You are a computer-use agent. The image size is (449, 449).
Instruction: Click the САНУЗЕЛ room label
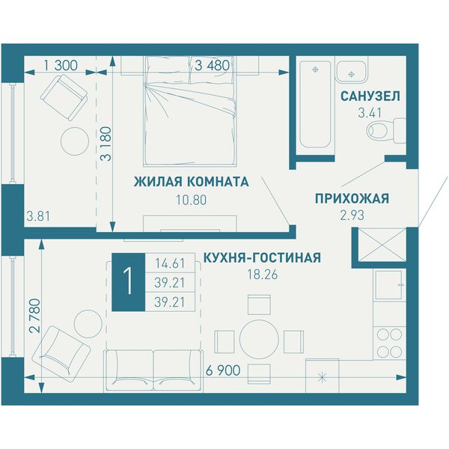[370, 97]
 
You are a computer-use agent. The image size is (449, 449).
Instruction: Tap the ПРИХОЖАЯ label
[352, 198]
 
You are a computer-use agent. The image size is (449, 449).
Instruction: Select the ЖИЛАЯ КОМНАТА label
[192, 182]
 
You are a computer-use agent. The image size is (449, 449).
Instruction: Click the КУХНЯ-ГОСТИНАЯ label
[262, 257]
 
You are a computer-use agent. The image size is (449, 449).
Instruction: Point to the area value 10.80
[191, 200]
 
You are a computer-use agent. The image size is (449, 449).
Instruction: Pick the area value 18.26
[263, 275]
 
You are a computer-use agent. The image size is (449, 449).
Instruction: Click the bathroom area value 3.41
[370, 113]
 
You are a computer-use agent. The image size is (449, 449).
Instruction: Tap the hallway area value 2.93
[352, 216]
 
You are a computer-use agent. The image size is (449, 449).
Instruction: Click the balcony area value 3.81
[38, 216]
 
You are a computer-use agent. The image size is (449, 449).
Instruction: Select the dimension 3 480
[213, 66]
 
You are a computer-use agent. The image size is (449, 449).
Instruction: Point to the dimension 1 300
[61, 66]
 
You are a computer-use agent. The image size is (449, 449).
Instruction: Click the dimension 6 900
[223, 370]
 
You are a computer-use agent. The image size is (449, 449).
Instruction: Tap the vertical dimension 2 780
[35, 316]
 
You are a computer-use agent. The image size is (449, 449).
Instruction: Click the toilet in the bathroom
[386, 131]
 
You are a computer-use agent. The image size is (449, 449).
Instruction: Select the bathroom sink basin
[351, 72]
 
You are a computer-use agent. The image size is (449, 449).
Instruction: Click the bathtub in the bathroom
[315, 104]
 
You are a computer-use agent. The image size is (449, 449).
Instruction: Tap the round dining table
[259, 339]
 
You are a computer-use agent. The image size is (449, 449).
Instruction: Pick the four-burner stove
[389, 343]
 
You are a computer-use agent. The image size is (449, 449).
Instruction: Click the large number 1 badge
[128, 282]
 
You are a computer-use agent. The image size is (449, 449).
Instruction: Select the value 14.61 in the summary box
[170, 263]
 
